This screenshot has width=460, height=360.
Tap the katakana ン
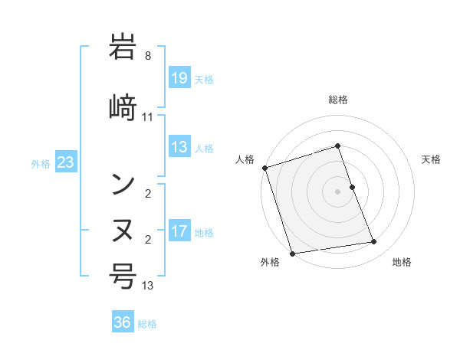(x=123, y=183)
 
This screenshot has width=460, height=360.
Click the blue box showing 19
(x=179, y=78)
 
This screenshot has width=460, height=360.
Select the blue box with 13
(x=179, y=147)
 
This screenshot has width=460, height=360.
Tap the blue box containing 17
(x=179, y=231)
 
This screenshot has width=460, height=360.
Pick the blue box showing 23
(x=65, y=162)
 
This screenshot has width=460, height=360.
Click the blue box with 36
(x=123, y=322)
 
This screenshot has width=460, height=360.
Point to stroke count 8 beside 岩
(x=148, y=56)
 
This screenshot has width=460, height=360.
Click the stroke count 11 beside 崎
(x=148, y=117)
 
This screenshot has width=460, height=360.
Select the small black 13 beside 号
(x=148, y=286)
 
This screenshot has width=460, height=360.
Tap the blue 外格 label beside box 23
(x=41, y=163)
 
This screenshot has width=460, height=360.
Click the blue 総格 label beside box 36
(x=147, y=323)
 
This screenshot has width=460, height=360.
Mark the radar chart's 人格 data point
(x=264, y=168)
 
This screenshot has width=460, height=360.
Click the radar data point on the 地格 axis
(x=374, y=242)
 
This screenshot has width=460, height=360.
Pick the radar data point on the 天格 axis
(x=352, y=186)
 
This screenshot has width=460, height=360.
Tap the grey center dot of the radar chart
(x=337, y=191)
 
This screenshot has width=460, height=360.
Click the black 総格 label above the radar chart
(x=337, y=100)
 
